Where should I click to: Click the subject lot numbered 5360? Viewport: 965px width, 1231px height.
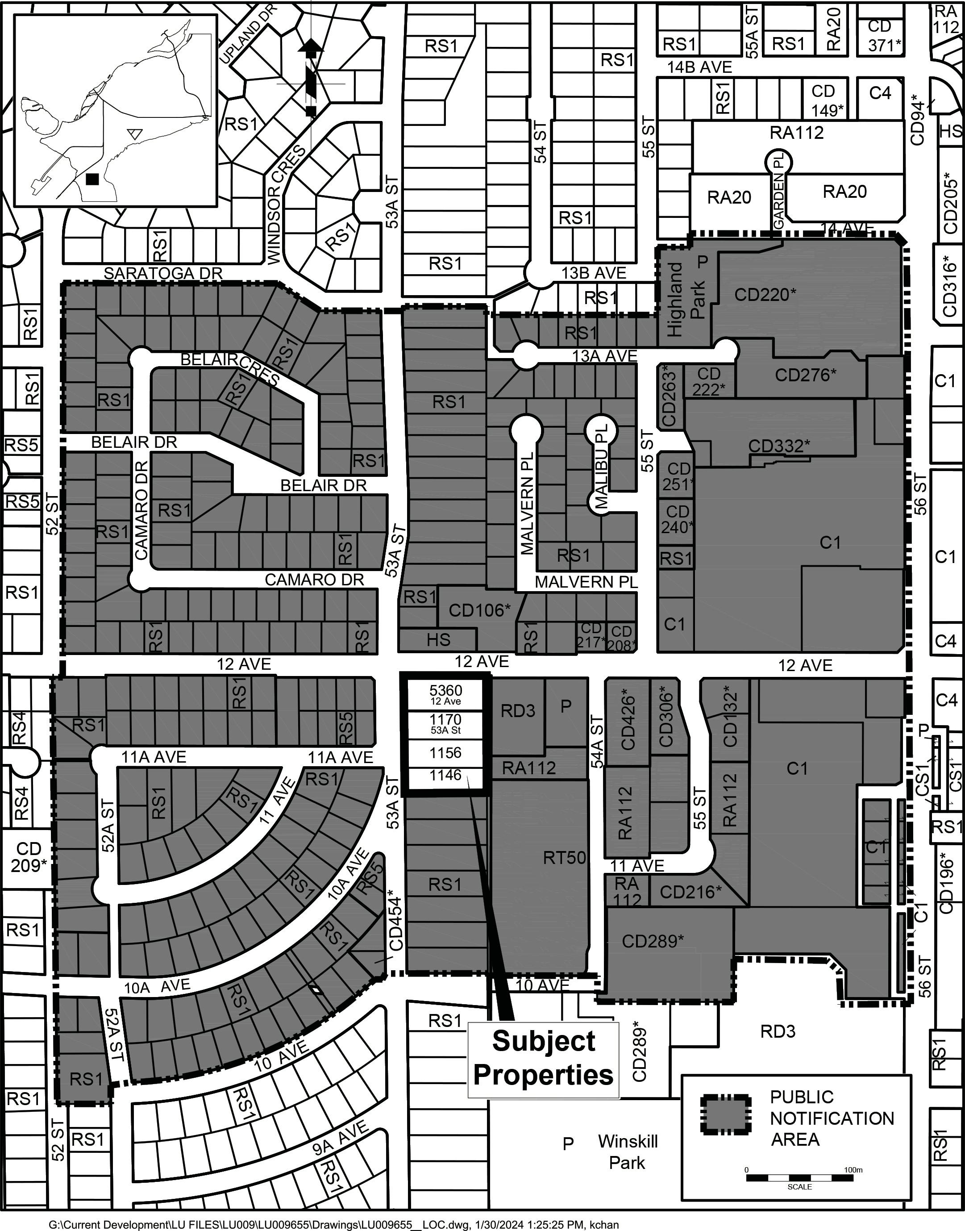pos(445,695)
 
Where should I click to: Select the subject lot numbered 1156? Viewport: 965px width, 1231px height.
pos(445,753)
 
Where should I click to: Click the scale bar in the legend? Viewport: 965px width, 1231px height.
pos(799,1178)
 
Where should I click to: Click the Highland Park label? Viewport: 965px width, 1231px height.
pos(686,299)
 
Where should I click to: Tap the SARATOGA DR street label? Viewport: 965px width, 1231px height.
pos(163,273)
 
